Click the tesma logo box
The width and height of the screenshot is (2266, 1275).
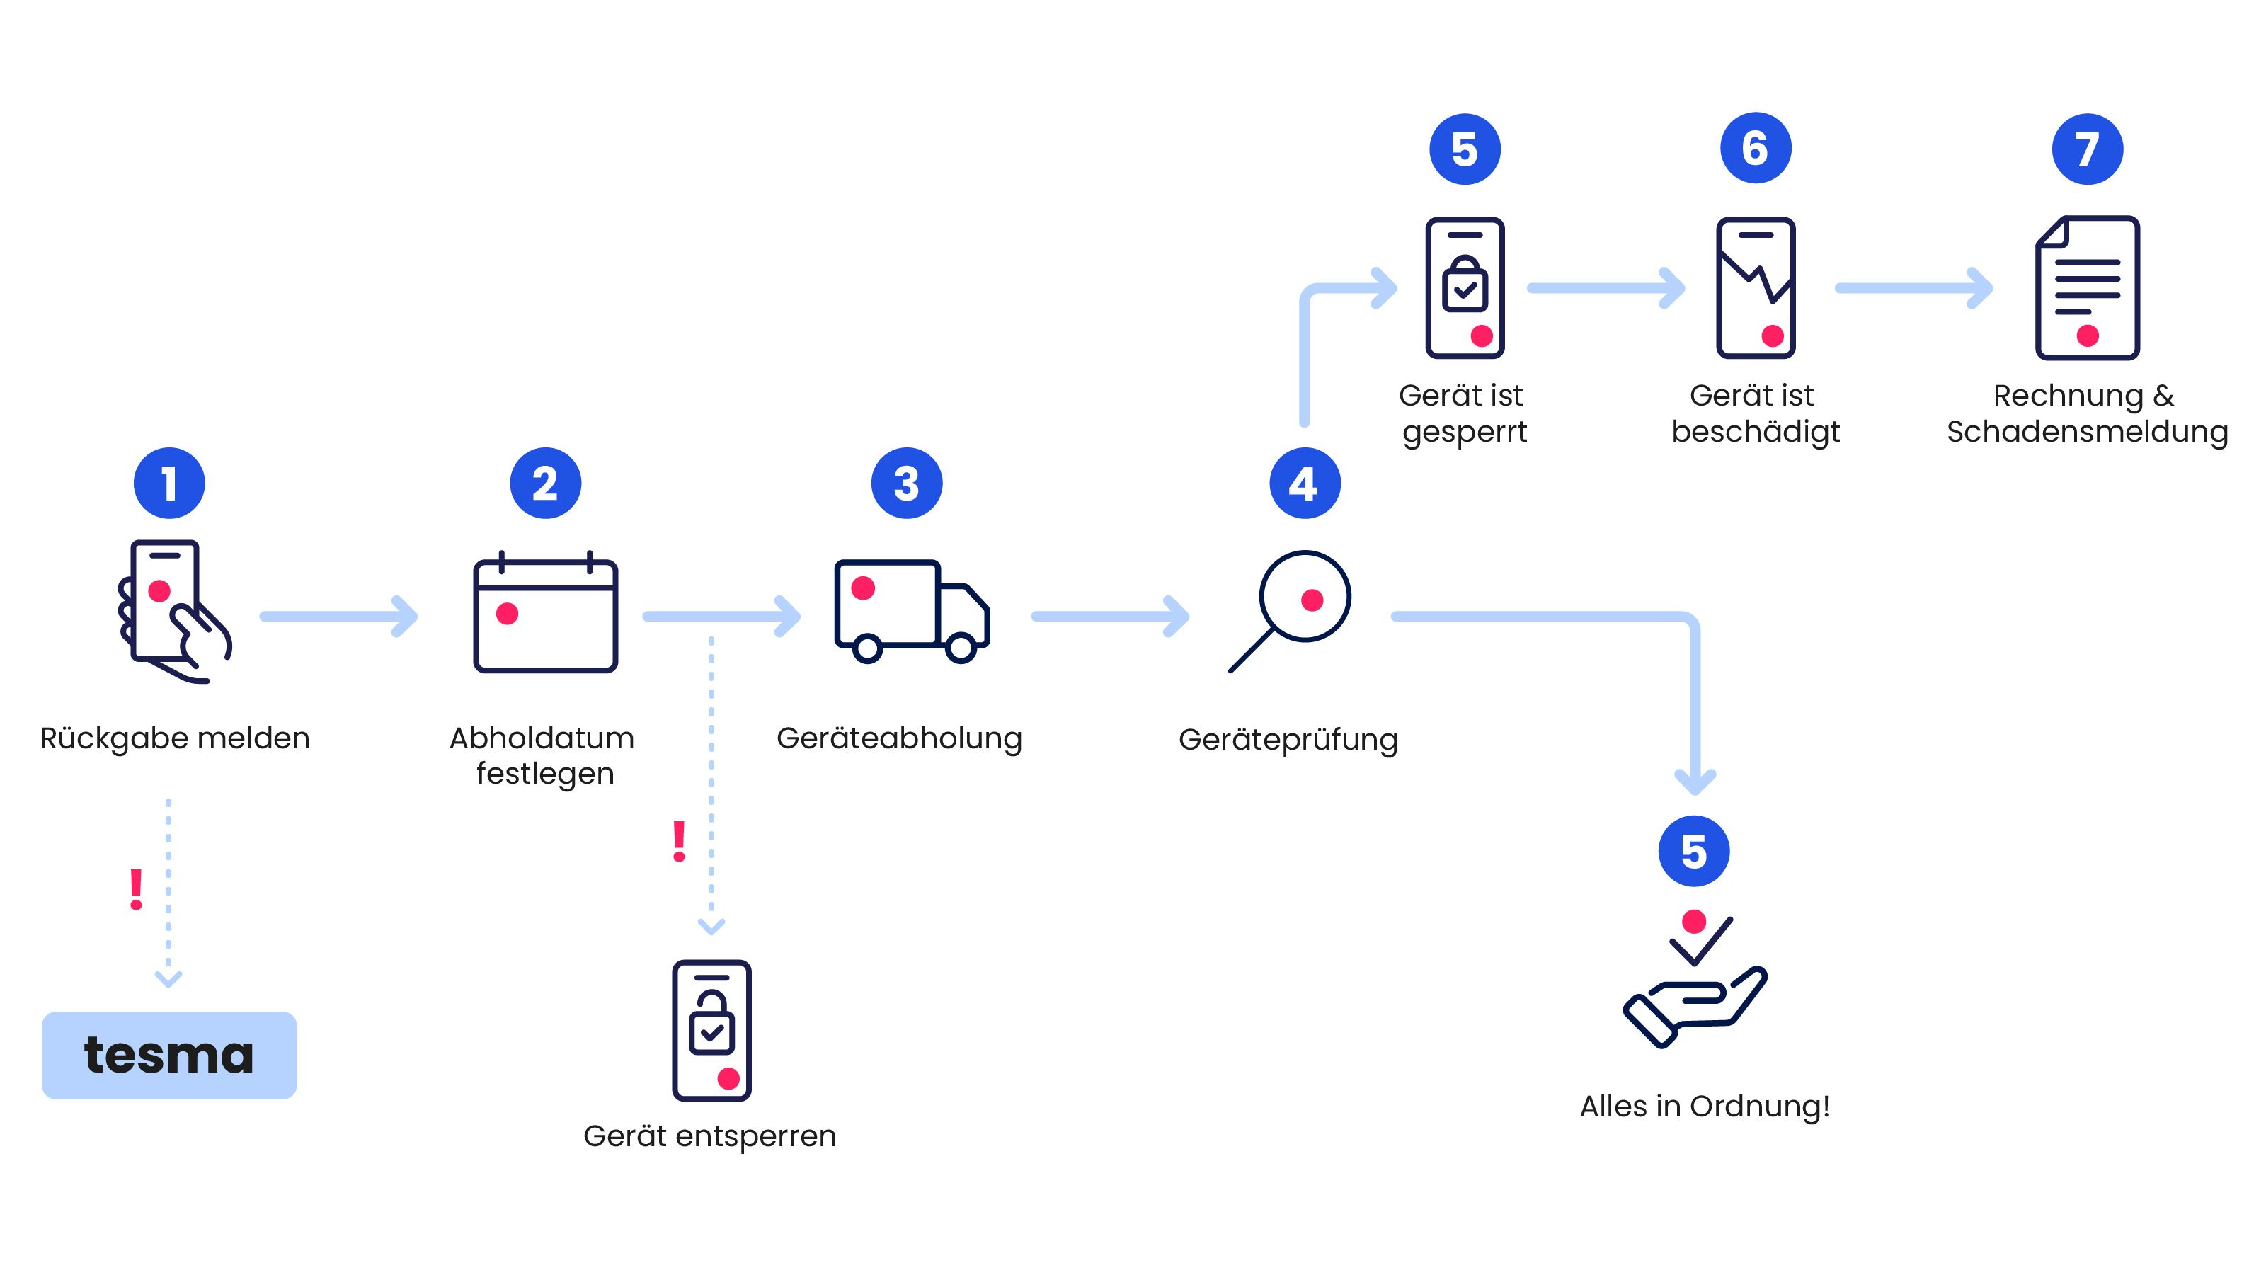coord(169,1054)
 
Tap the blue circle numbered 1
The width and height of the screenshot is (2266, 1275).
coord(169,483)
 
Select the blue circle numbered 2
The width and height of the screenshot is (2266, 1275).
coord(545,483)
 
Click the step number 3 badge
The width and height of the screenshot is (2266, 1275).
coord(906,483)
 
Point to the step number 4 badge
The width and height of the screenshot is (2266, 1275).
coord(1305,483)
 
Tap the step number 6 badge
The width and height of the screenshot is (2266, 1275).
coord(1755,148)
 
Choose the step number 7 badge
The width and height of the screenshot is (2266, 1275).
coord(2087,149)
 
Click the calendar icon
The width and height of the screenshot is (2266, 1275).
coord(545,613)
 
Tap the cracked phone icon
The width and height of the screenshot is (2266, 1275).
coord(1755,287)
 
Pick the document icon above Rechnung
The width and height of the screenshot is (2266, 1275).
coord(2087,287)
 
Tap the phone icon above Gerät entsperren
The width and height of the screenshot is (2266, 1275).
coord(711,1029)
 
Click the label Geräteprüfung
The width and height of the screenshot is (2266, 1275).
coord(1288,740)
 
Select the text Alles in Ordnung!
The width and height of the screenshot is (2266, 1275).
coord(1704,1106)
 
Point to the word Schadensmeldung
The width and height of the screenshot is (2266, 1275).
coord(2087,432)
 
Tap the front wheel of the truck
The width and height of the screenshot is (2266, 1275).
coord(961,648)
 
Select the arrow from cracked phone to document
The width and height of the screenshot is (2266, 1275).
coord(1913,287)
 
